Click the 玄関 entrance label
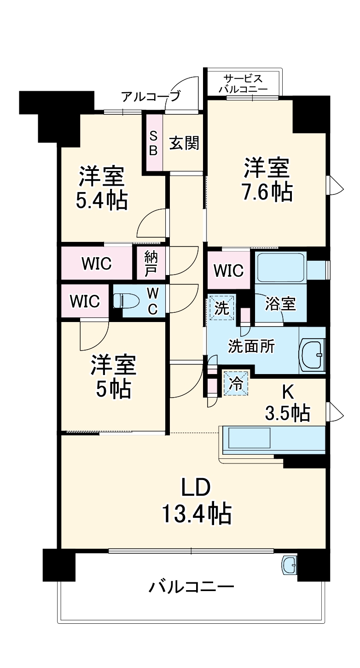185,143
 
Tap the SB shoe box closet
154,143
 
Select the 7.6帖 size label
267,190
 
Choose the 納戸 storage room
150,264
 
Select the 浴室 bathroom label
280,305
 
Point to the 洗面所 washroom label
251,346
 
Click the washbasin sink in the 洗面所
313,355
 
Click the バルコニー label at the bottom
191,587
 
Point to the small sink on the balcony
289,564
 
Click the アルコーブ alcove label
151,97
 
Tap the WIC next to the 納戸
97,264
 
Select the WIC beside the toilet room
85,301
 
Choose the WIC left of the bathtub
229,270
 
